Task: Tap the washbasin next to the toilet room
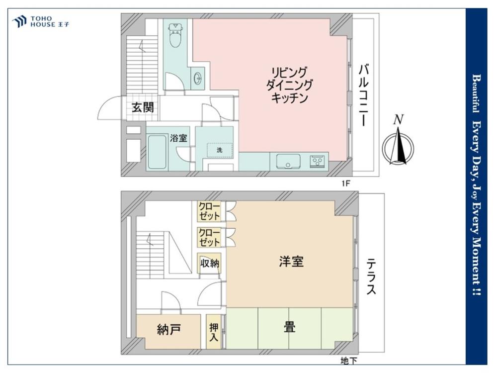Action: (198, 78)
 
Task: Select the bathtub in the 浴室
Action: (157, 152)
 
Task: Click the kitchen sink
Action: (288, 162)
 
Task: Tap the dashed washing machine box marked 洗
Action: (220, 150)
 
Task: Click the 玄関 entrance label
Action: (143, 107)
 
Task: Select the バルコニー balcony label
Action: (364, 95)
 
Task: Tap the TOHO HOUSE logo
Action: (41, 21)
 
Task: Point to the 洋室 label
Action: (291, 262)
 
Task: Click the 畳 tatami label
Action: (290, 327)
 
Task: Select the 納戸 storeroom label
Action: (169, 330)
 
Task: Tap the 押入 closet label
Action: (214, 332)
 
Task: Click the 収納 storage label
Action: (210, 263)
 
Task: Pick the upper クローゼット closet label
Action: (209, 211)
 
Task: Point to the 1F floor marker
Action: (346, 184)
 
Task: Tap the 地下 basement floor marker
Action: (349, 361)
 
